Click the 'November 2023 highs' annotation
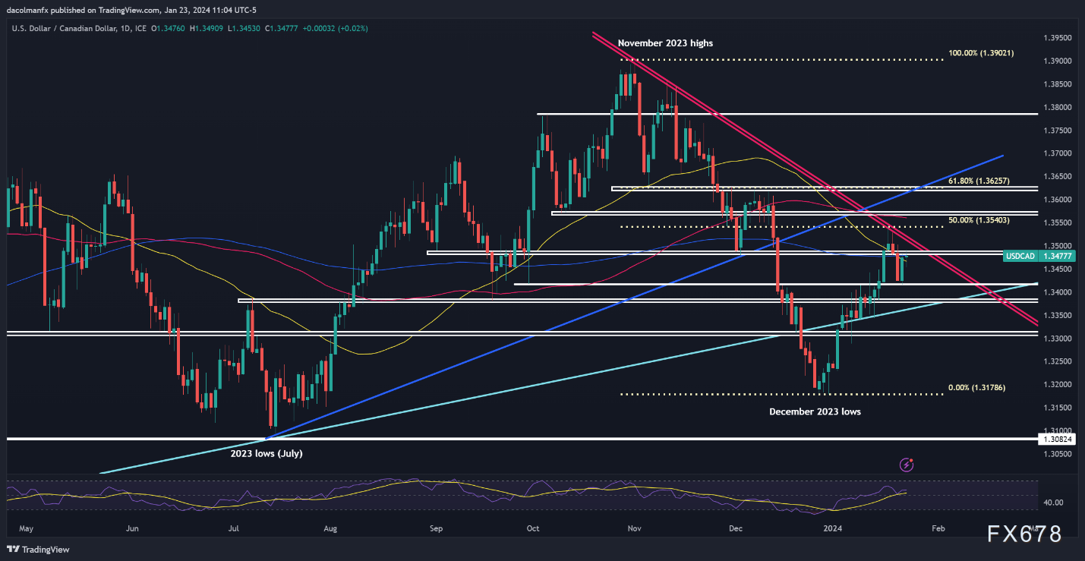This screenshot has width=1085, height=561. (x=665, y=43)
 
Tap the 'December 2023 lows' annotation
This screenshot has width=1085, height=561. (x=815, y=411)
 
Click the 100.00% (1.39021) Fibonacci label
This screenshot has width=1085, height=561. (x=981, y=53)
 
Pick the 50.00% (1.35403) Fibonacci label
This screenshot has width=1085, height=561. (x=981, y=220)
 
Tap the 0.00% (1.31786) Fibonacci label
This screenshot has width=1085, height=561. (x=981, y=388)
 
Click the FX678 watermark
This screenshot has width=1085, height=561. (x=1024, y=534)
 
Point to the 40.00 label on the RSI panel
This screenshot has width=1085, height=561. (x=1052, y=503)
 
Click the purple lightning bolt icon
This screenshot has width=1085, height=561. (x=906, y=465)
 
